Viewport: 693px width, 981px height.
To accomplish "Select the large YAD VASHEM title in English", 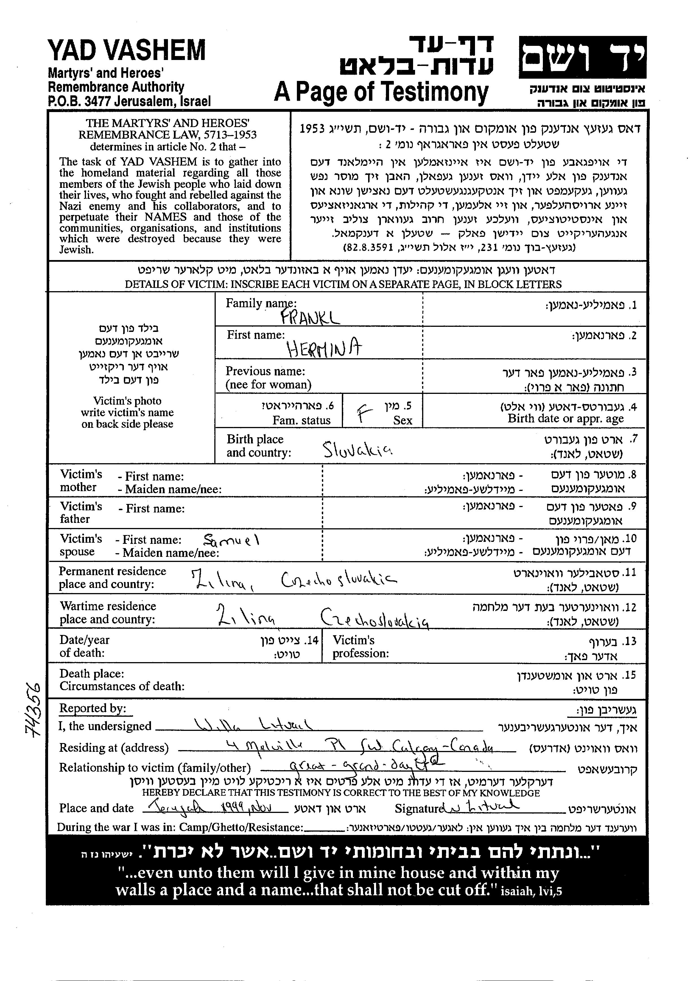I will pyautogui.click(x=127, y=50).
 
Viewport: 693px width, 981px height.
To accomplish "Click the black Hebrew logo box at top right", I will pyautogui.click(x=582, y=57).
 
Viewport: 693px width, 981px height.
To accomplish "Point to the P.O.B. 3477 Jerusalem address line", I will pyautogui.click(x=129, y=101).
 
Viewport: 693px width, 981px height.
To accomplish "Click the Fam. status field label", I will pyautogui.click(x=301, y=420).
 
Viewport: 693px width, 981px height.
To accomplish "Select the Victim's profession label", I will pyautogui.click(x=361, y=647).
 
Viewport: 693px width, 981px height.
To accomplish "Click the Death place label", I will pyautogui.click(x=92, y=674).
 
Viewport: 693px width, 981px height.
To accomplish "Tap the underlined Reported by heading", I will pyautogui.click(x=93, y=709).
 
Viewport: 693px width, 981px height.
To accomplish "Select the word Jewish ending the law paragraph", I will pyautogui.click(x=76, y=250).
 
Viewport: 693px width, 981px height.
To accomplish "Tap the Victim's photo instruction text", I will pyautogui.click(x=127, y=412).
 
